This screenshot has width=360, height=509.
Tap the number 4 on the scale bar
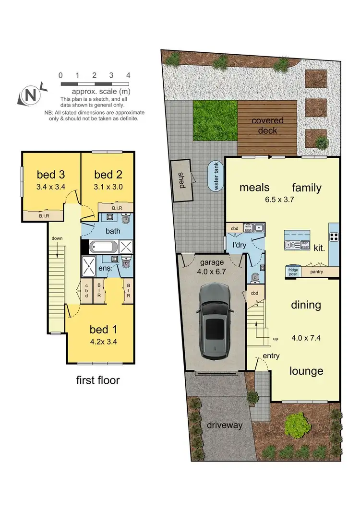pyautogui.click(x=128, y=75)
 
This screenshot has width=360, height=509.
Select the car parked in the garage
pyautogui.click(x=213, y=321)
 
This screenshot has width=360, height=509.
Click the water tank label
pyautogui.click(x=216, y=177)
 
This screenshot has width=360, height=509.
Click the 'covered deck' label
pyautogui.click(x=267, y=125)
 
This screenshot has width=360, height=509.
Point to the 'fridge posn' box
pyautogui.click(x=293, y=271)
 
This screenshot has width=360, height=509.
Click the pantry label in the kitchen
pyautogui.click(x=316, y=272)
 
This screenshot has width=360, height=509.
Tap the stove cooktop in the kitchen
pyautogui.click(x=334, y=236)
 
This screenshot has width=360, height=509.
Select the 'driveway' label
pyautogui.click(x=225, y=425)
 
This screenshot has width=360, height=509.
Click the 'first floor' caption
pyautogui.click(x=98, y=381)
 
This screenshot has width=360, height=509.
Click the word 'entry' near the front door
pyautogui.click(x=271, y=356)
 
